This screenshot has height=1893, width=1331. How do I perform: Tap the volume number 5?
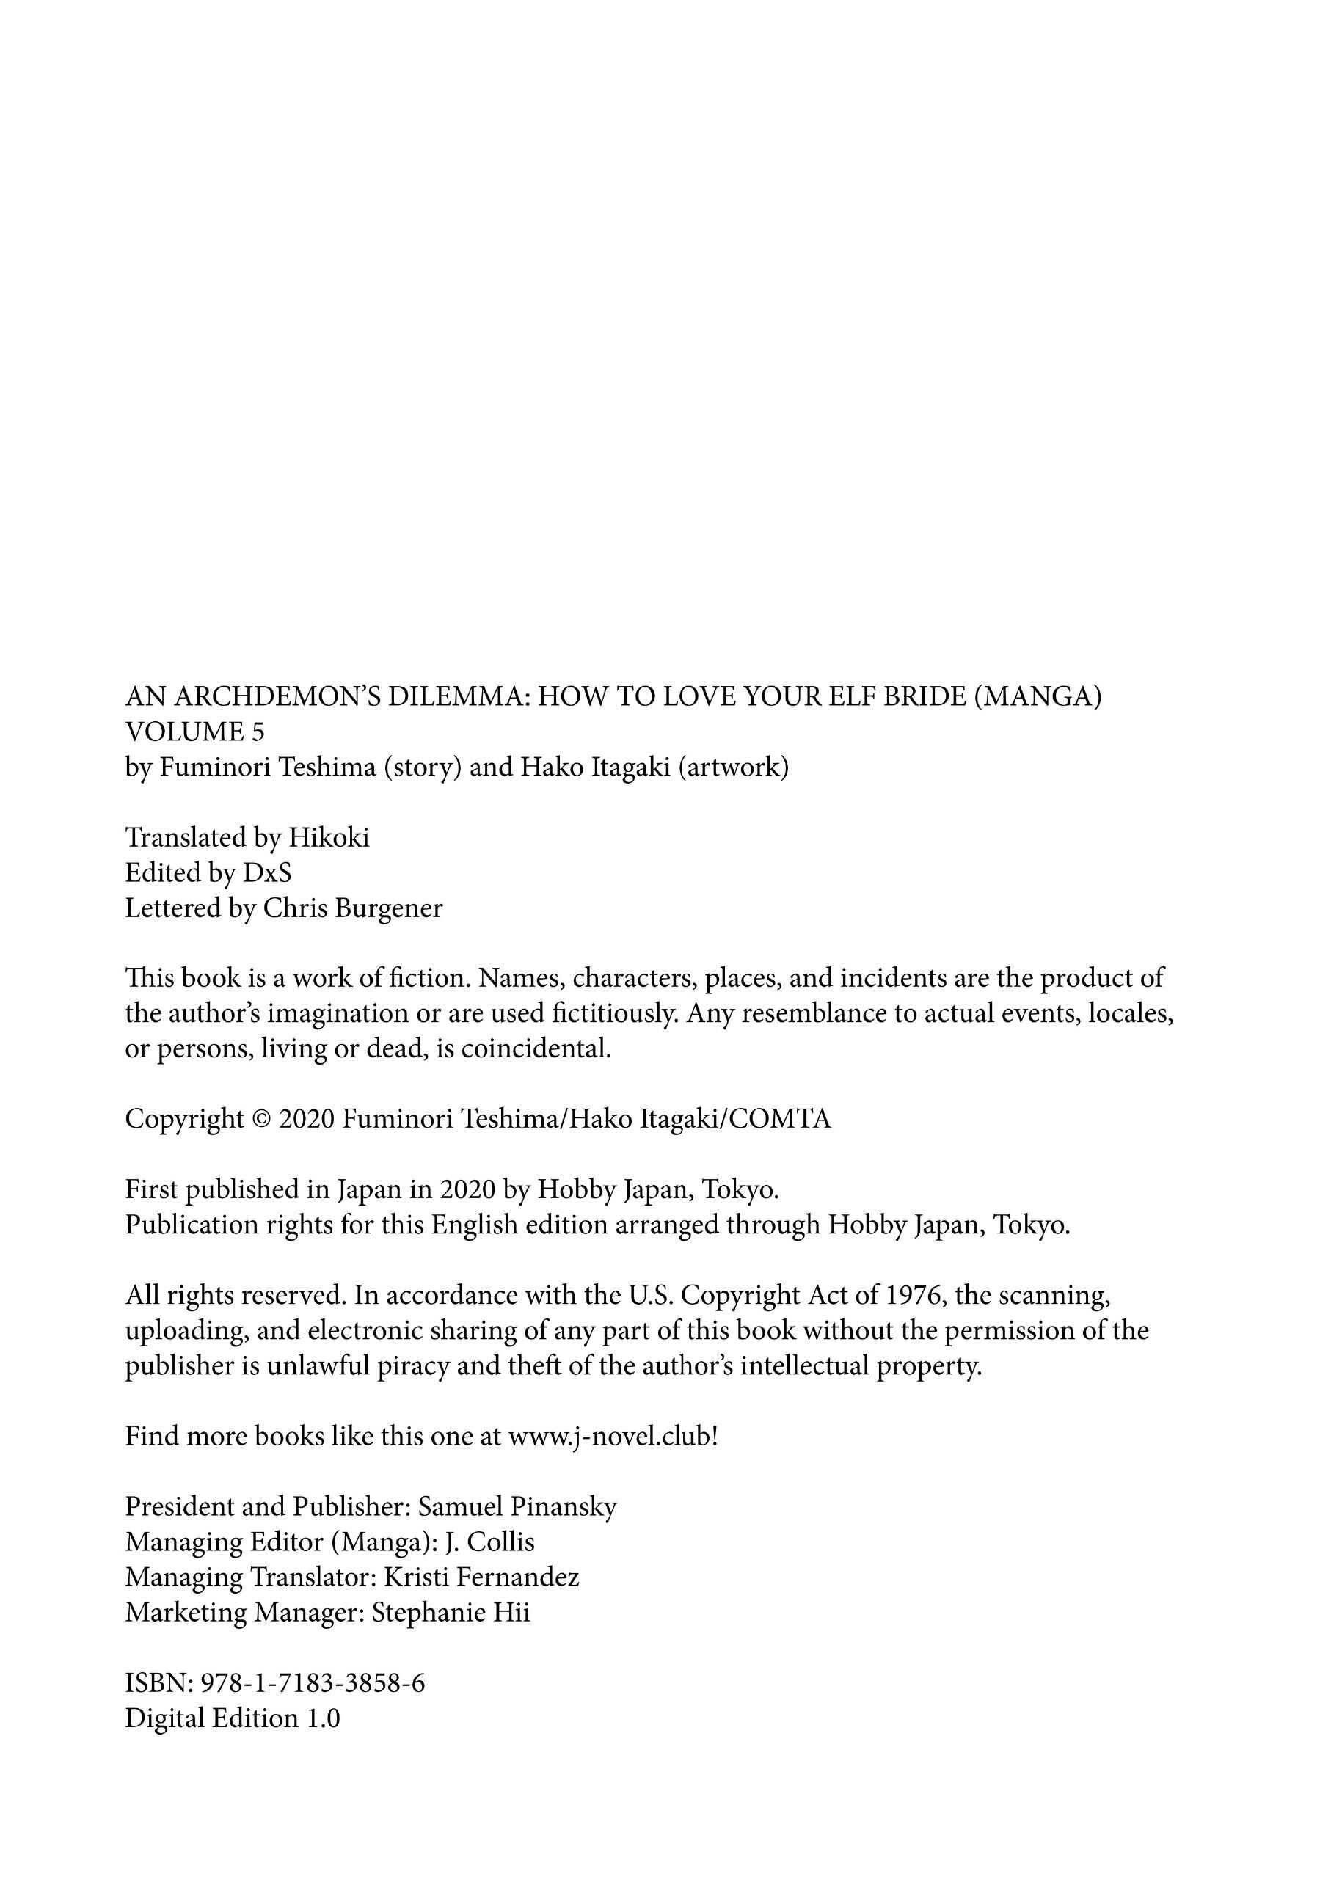(259, 732)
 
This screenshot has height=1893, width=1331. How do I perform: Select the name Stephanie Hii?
(451, 1612)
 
